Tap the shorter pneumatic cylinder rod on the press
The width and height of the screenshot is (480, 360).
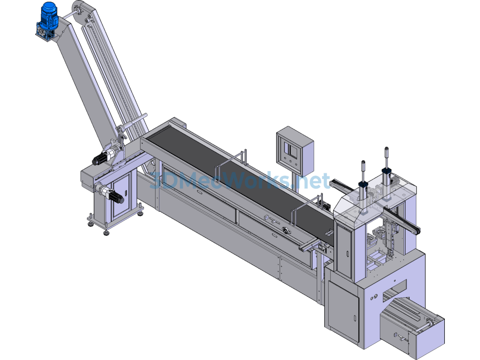363,171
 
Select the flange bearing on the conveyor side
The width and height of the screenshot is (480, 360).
287,231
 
